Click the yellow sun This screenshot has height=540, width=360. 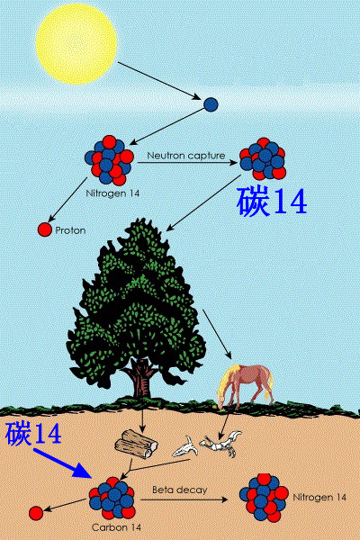coord(76,44)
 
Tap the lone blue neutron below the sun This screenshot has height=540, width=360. coord(211,104)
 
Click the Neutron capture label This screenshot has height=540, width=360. coord(186,156)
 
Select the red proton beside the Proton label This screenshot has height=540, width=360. coord(44,229)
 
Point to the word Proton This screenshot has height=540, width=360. coord(70,230)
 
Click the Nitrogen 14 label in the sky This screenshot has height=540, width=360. coord(112,193)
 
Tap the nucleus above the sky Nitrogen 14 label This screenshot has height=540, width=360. coord(110,160)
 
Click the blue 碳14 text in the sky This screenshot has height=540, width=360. coord(272,202)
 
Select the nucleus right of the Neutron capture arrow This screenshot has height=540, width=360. coord(263,158)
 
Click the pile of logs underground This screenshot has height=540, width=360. coord(136,444)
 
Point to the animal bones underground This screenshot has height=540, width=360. coord(207,445)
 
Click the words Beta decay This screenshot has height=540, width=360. coord(180,490)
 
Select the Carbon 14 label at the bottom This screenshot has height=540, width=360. coord(116,527)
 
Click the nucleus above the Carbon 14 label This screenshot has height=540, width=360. coord(112,498)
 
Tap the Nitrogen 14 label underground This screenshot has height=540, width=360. coord(319,498)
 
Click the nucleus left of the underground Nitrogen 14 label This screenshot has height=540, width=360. coord(264,498)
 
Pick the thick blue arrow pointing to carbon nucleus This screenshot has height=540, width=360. coord(63,463)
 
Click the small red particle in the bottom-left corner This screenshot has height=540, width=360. coord(36,513)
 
